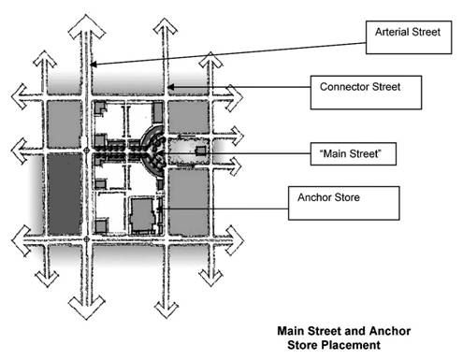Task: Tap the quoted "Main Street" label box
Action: (354, 153)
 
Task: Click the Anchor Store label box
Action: (343, 203)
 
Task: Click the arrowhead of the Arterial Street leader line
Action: (93, 65)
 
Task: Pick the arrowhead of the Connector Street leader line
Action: (171, 87)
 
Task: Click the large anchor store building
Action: (143, 215)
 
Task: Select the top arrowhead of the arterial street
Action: (86, 26)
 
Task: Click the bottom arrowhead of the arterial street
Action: (86, 308)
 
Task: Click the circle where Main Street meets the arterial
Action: (87, 151)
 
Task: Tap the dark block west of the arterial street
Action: (65, 194)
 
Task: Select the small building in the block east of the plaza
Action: (200, 151)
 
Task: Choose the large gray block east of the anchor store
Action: (189, 202)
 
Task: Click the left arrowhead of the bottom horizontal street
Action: (21, 240)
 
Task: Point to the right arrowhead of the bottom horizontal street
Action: (235, 240)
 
